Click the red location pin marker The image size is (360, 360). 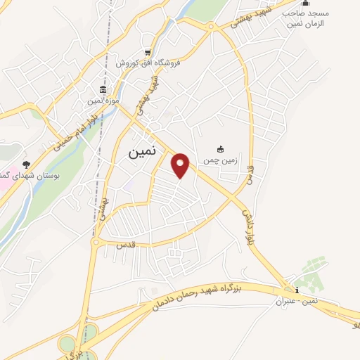point(181,165)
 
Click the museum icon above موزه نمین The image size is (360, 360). point(103,90)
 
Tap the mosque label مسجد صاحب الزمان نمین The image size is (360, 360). point(304,18)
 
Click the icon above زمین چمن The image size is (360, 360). point(220,148)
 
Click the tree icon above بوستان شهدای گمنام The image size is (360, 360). point(27,163)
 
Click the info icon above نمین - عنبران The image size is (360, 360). point(297,290)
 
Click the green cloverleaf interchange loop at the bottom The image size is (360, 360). point(67,344)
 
